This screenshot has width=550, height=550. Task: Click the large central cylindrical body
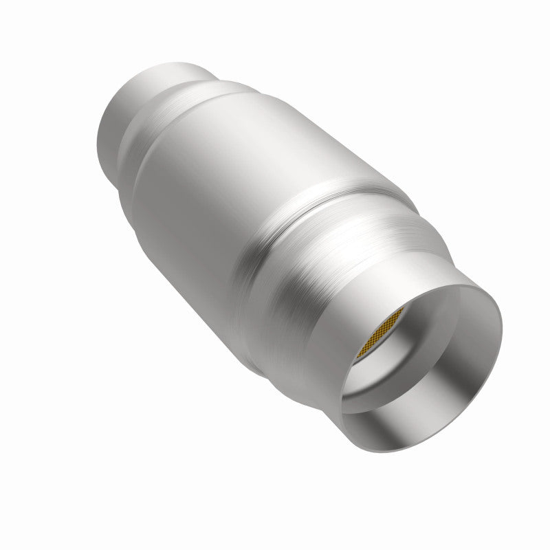pos(227,172)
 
